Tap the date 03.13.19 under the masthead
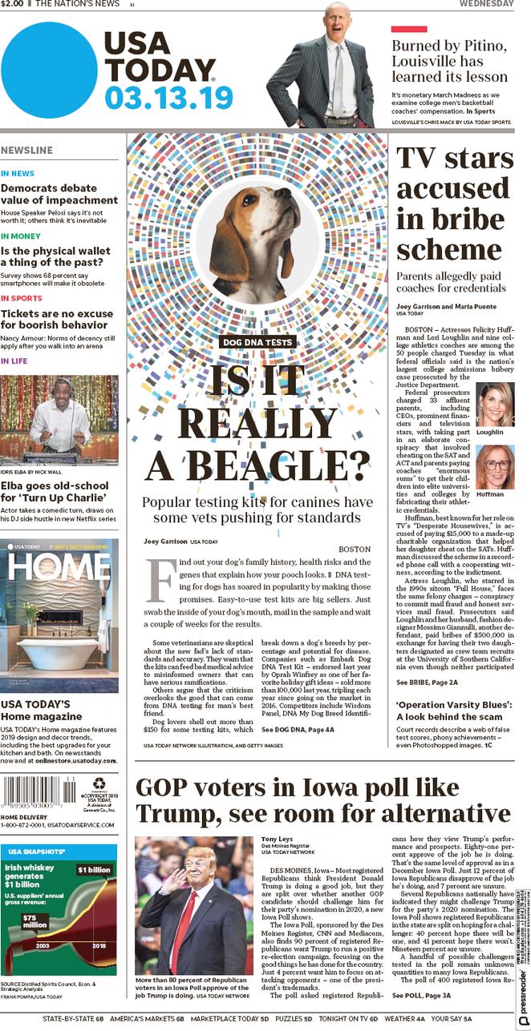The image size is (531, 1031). (168, 97)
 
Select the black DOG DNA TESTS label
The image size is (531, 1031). (257, 342)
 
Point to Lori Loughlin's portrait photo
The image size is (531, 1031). (495, 403)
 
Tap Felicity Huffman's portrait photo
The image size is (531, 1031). (495, 467)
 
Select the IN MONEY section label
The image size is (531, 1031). (21, 236)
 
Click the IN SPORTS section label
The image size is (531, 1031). (22, 298)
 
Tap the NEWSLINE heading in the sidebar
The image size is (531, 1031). (27, 151)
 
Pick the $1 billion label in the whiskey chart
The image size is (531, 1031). (94, 870)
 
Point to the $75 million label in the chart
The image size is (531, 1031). (34, 922)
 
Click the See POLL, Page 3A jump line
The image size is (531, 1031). (421, 995)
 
